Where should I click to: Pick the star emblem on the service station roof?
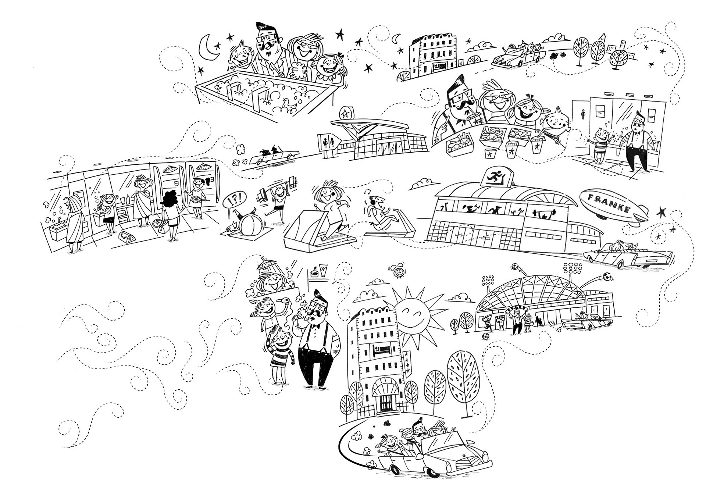click(346, 113)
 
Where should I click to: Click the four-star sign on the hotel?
click(408, 362)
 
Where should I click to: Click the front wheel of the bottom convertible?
click(433, 472)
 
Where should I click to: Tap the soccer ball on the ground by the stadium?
click(486, 336)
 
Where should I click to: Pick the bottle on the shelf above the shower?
click(314, 273)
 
